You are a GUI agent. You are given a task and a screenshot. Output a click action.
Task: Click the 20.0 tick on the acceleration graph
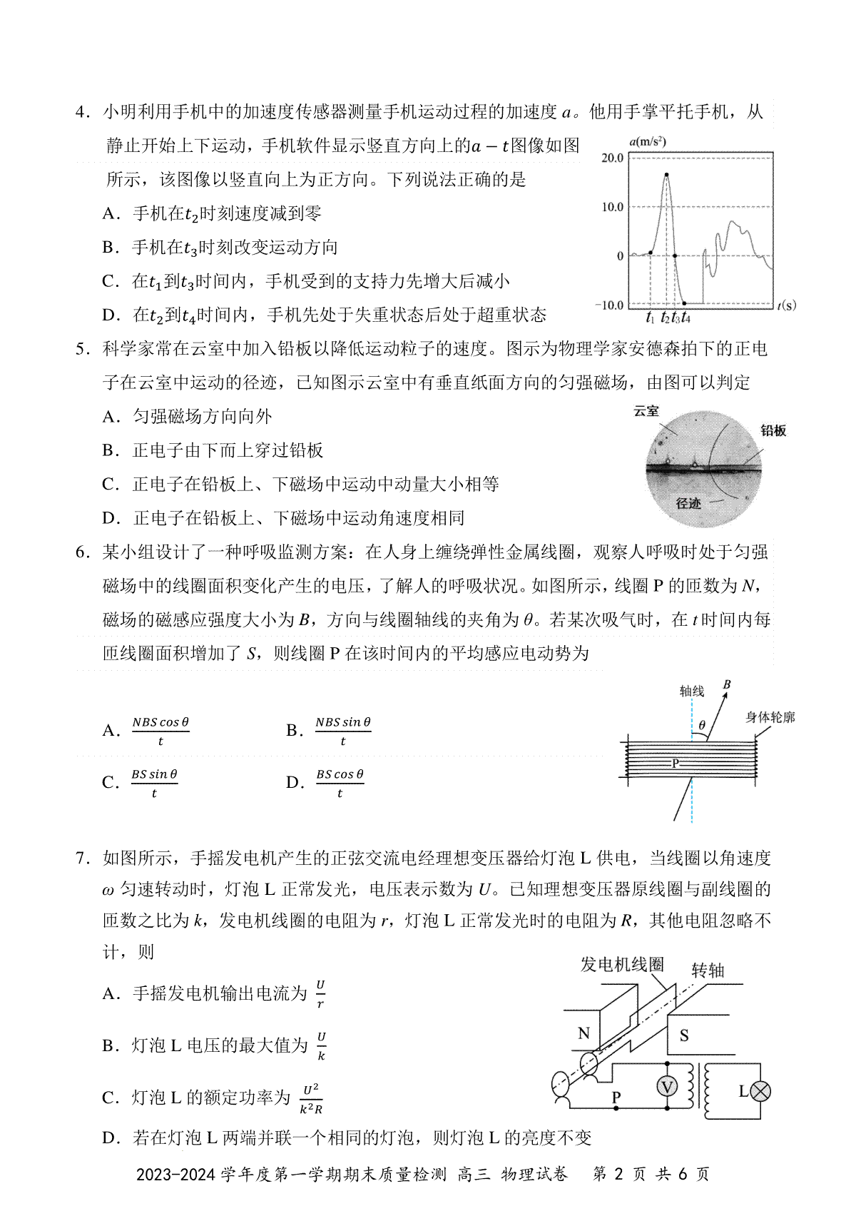[x=612, y=158]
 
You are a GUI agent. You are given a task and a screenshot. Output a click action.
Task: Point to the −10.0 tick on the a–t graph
[x=608, y=305]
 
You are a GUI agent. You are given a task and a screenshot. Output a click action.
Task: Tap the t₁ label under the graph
[x=650, y=318]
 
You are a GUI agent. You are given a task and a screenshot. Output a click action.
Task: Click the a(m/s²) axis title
[x=647, y=141]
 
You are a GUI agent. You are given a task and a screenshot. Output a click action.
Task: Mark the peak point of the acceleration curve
[x=666, y=174]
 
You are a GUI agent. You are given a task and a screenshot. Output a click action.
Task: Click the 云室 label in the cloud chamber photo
[x=646, y=411]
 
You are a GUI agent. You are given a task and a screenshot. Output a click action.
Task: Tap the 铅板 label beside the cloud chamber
[x=773, y=430]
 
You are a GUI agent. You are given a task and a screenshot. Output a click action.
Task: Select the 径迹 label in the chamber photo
[x=688, y=503]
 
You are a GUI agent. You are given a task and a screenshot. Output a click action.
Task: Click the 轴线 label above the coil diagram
[x=691, y=691]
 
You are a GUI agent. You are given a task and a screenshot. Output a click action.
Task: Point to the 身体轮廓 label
[x=770, y=717]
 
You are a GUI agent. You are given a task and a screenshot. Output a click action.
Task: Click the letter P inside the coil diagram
[x=676, y=764]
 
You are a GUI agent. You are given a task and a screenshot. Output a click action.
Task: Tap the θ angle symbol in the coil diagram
[x=702, y=725]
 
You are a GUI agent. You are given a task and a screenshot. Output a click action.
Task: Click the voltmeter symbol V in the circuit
[x=667, y=1087]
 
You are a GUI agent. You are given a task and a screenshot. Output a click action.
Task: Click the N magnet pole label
[x=584, y=1033]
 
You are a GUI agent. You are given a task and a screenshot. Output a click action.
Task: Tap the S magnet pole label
[x=684, y=1035]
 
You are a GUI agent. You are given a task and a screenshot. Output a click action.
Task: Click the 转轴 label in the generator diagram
[x=708, y=971]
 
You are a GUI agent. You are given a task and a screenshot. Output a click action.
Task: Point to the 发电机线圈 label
[x=622, y=965]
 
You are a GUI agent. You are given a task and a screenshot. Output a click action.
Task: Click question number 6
[x=83, y=552]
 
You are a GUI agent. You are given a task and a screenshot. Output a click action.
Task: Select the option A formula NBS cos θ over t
[x=160, y=731]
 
